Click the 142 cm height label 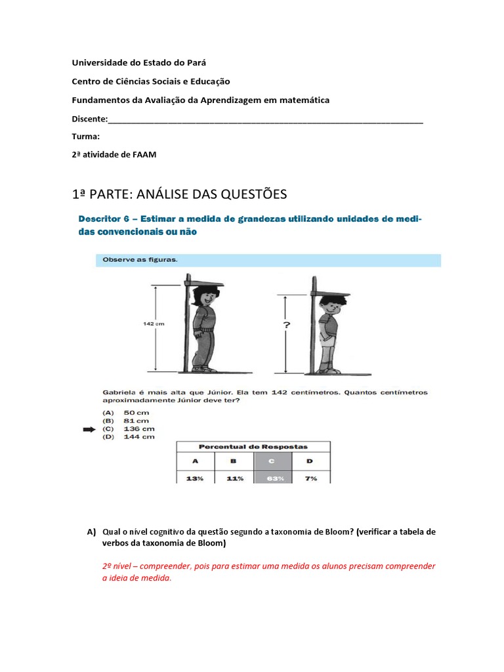(153, 323)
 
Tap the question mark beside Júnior (287, 325)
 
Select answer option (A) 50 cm (125, 412)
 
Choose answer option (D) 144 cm (128, 437)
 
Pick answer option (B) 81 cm (125, 421)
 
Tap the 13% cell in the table (194, 478)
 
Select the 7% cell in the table (310, 478)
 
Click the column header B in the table (234, 461)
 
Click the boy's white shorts (326, 341)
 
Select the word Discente (89, 119)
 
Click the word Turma (85, 136)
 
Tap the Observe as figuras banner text (140, 259)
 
